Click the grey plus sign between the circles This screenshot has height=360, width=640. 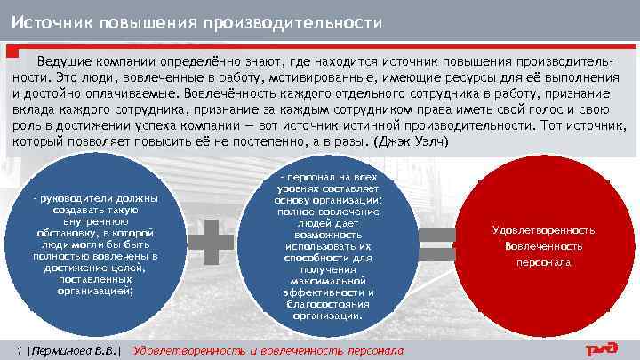[x=212, y=241]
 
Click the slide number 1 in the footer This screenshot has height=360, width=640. [x=20, y=347]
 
